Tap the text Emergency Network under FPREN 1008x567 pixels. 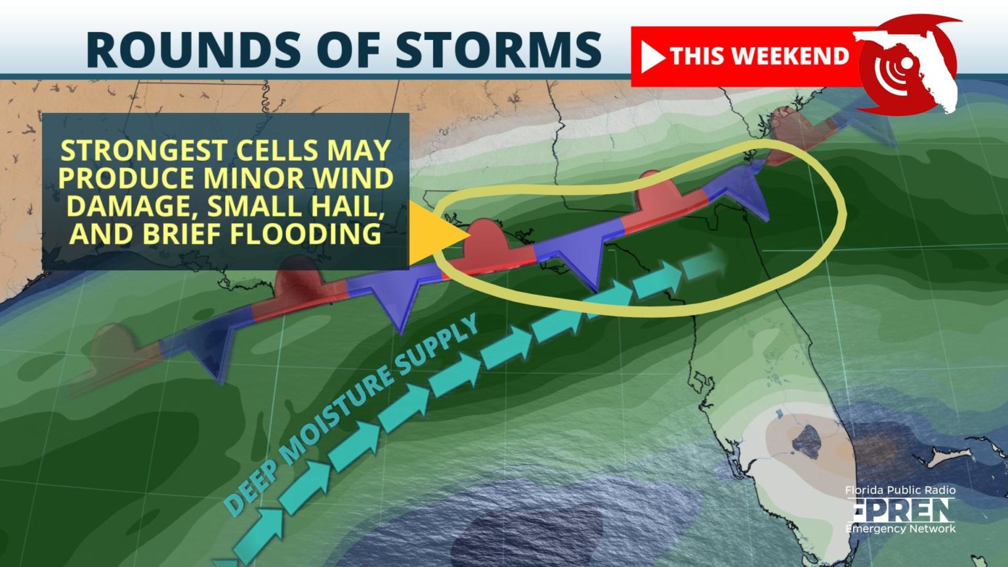pyautogui.click(x=900, y=528)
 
